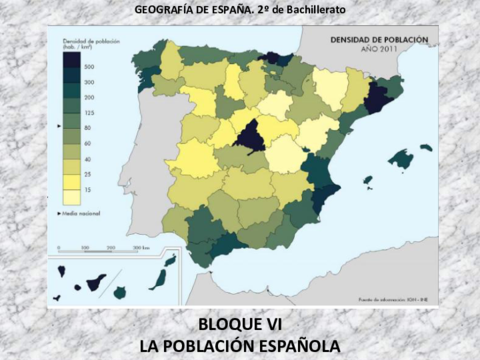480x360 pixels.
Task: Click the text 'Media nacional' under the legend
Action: click(86, 212)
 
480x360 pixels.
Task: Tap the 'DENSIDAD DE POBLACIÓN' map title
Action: click(379, 39)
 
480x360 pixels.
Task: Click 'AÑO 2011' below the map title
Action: click(379, 48)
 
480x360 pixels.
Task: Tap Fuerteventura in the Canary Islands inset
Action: click(157, 274)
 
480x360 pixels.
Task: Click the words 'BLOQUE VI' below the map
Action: click(239, 326)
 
